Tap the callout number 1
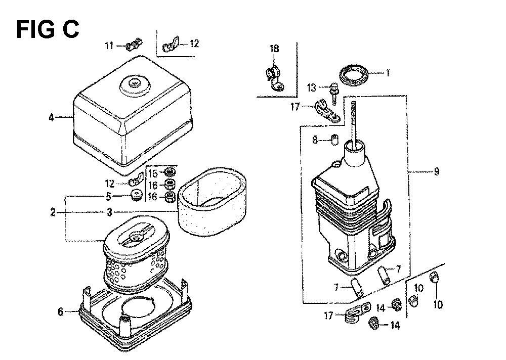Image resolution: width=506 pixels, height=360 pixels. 388,73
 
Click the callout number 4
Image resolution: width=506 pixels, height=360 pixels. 51,117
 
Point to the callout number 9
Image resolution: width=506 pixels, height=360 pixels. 436,171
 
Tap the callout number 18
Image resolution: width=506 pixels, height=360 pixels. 274,49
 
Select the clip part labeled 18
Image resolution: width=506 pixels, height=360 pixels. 274,78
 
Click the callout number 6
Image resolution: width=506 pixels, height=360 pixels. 60,312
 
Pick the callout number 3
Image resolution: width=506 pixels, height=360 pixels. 109,212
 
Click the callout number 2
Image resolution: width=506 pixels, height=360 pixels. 53,212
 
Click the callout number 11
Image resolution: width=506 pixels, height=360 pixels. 109,46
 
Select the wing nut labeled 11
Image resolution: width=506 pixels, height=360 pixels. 134,45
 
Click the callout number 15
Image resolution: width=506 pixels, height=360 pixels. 153,173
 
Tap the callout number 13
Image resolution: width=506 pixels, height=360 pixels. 311,88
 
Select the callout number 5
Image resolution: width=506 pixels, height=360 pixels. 109,196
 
